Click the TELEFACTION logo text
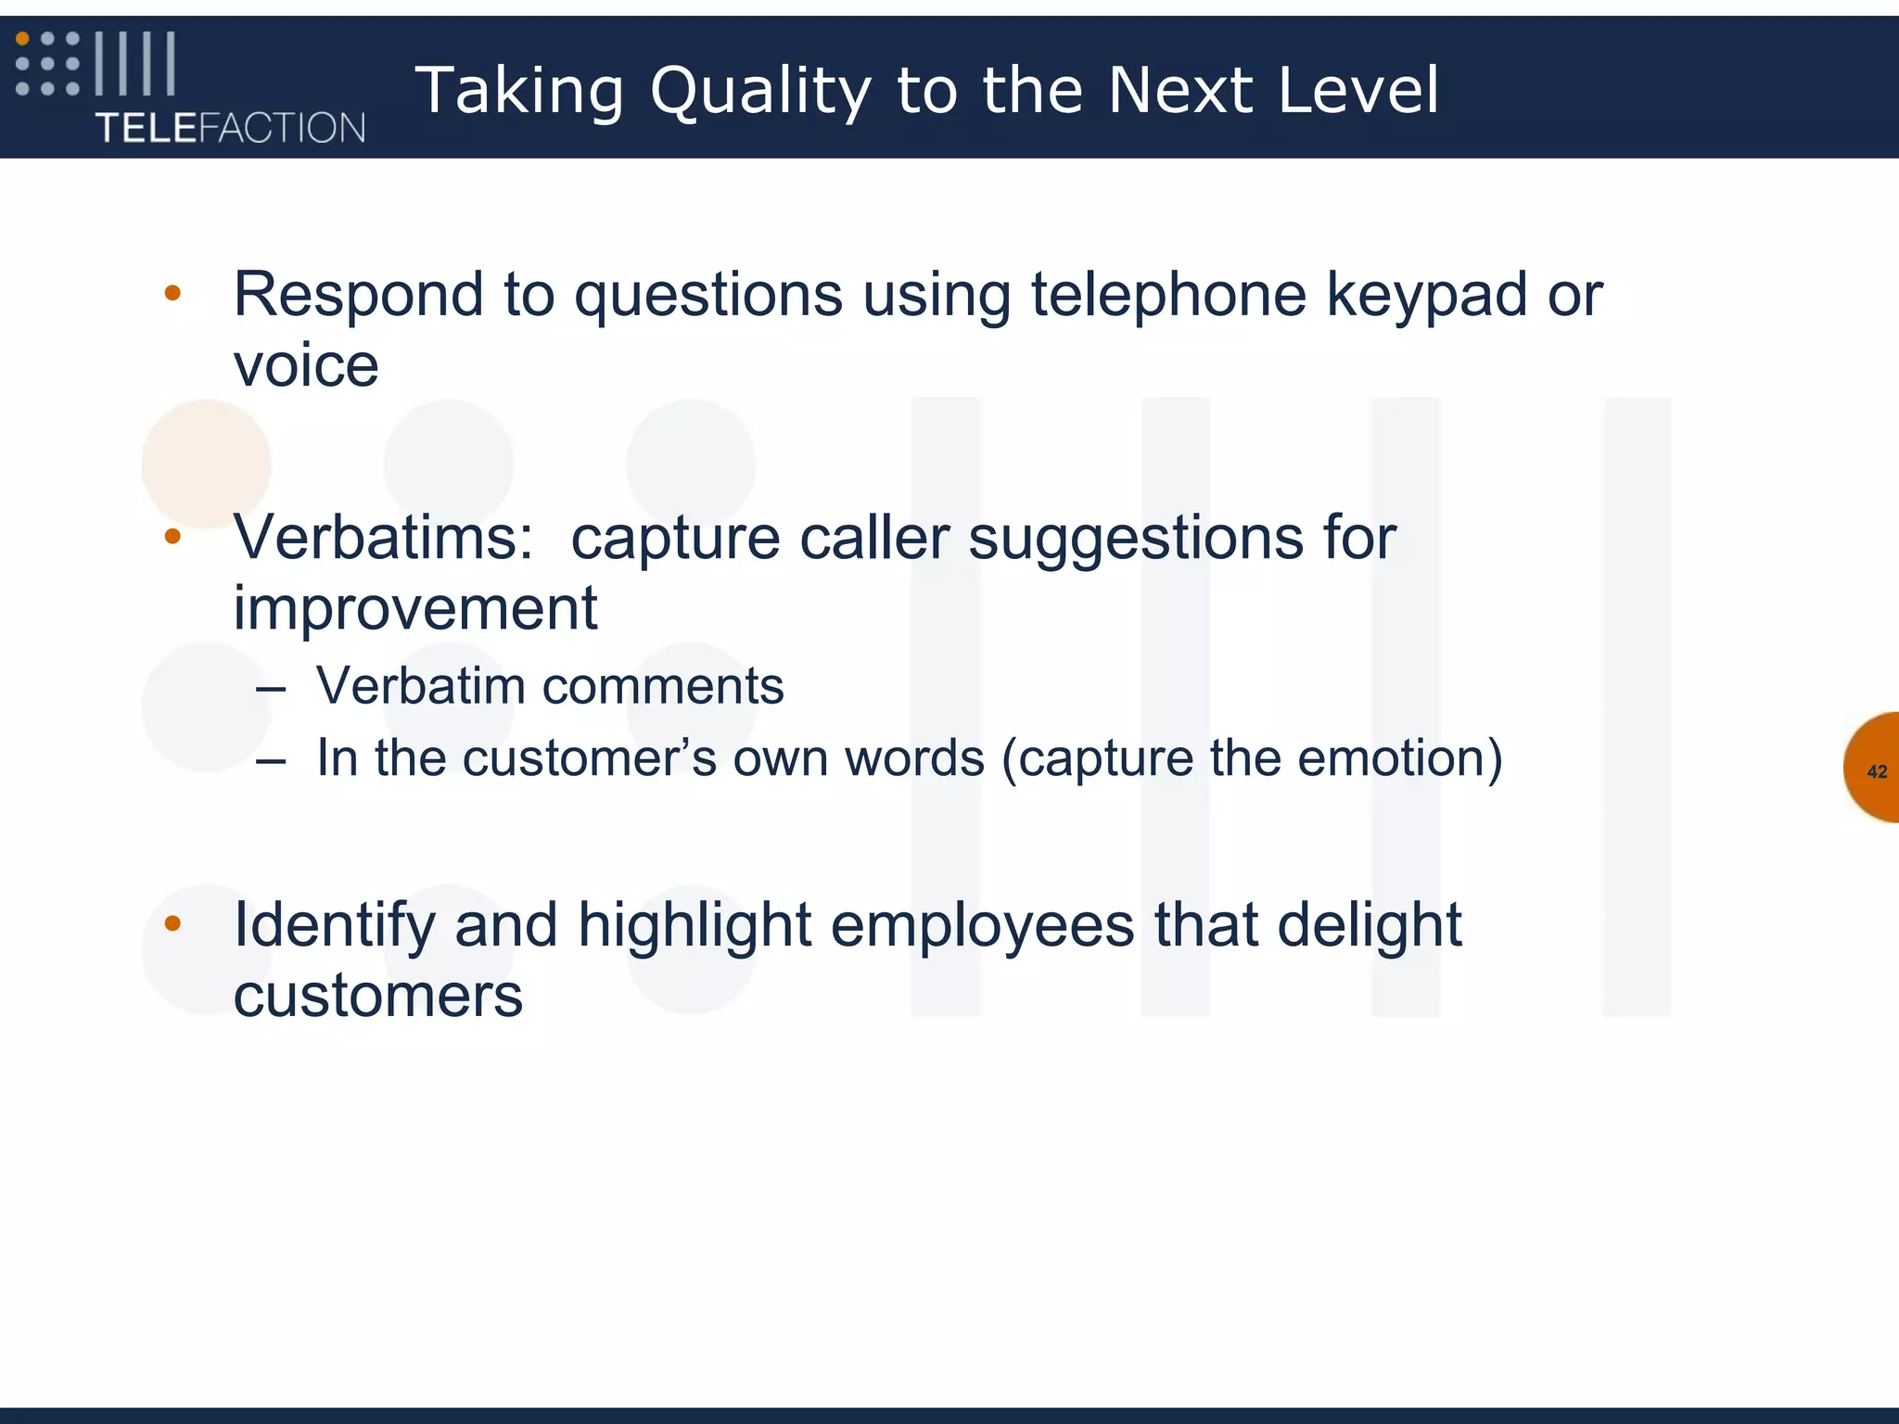230,128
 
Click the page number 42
1877,771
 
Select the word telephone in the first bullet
1168,295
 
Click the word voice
306,365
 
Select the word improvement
414,608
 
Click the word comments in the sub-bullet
662,686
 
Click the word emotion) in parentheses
1399,757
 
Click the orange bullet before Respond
172,294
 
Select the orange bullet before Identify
172,923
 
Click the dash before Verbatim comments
271,689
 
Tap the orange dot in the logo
23,39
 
